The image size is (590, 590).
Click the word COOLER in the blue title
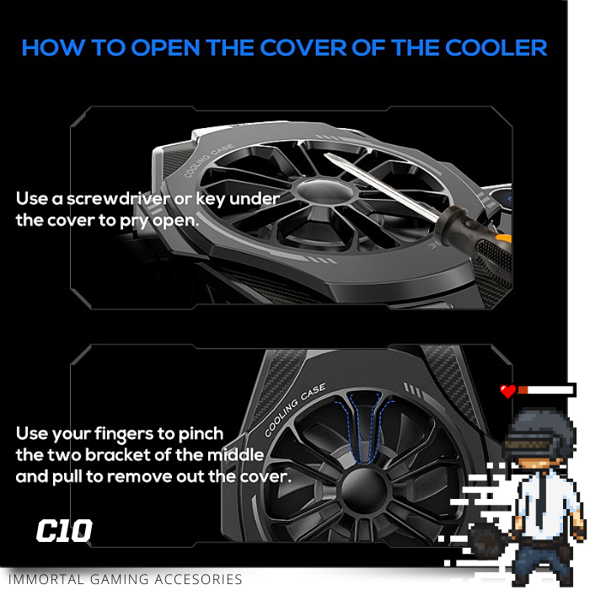tap(496, 48)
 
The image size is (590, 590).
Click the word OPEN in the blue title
tap(165, 48)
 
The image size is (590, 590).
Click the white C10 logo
tap(64, 530)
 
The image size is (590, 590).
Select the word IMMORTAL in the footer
tap(46, 580)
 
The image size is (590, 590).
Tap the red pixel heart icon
tap(508, 391)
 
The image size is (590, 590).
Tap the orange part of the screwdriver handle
tap(504, 239)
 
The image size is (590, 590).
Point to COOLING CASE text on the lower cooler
tap(294, 410)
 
